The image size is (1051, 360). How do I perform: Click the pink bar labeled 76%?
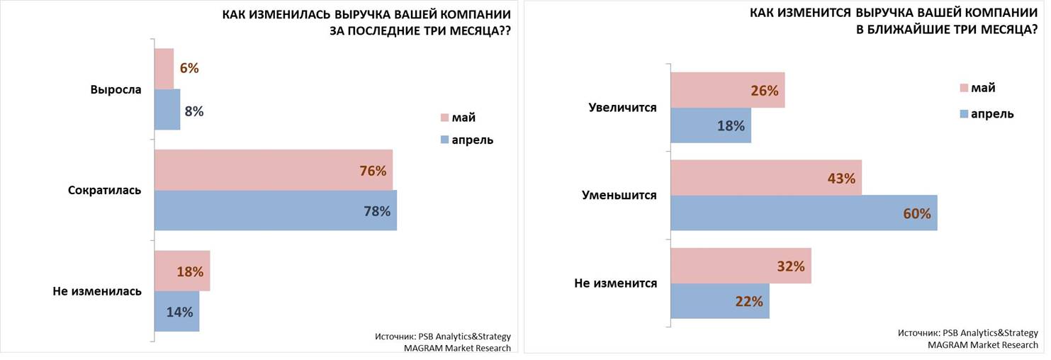point(273,170)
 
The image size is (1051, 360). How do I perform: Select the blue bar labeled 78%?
point(275,210)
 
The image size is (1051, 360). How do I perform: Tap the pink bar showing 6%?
point(164,69)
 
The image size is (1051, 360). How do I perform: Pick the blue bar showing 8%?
point(167,110)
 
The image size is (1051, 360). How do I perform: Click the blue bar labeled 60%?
point(803,213)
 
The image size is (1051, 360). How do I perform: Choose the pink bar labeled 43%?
point(765,178)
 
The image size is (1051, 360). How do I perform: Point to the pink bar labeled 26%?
point(727,90)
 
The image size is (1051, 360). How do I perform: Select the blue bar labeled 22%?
point(719,301)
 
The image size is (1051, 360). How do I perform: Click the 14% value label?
point(179,312)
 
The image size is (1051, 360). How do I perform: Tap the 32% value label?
point(790,266)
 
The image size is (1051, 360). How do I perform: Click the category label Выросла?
point(116,90)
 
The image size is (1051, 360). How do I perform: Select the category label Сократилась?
point(105,191)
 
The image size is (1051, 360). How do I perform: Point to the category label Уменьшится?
point(619,196)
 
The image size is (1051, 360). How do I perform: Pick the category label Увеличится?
point(623,108)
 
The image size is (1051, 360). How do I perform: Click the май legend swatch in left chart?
point(445,118)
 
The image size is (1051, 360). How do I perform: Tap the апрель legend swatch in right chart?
point(964,113)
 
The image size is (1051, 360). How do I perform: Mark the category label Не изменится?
point(615,283)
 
